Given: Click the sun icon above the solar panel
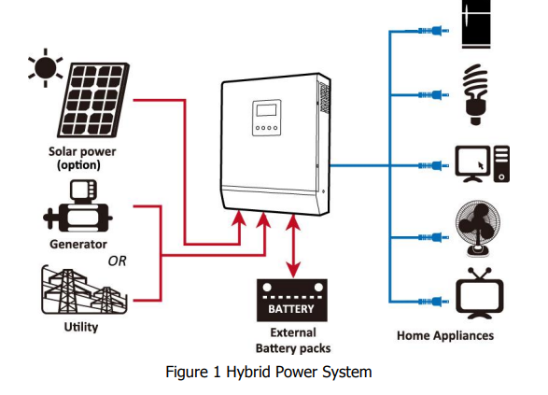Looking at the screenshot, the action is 46,68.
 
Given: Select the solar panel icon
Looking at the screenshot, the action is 93,100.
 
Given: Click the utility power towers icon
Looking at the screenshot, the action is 84,290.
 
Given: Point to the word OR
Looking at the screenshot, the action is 117,261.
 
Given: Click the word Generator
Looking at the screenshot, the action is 78,244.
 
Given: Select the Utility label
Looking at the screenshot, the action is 81,327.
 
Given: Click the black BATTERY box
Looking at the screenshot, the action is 292,301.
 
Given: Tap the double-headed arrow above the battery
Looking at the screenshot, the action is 293,247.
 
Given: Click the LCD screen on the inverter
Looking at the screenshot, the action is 266,110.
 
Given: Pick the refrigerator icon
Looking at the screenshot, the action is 476,23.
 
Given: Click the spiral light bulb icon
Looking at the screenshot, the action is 475,94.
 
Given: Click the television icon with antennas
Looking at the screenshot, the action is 480,293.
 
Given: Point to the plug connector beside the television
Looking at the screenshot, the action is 433,302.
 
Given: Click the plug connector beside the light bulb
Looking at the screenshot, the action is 433,94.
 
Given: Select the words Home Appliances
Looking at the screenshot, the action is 445,335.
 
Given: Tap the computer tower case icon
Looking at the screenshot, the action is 501,164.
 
